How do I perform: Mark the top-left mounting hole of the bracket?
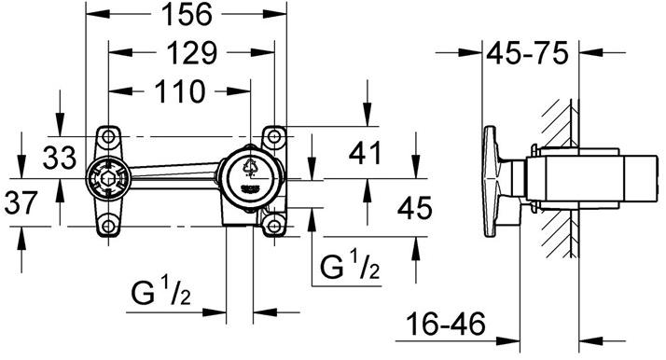coord(109,135)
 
